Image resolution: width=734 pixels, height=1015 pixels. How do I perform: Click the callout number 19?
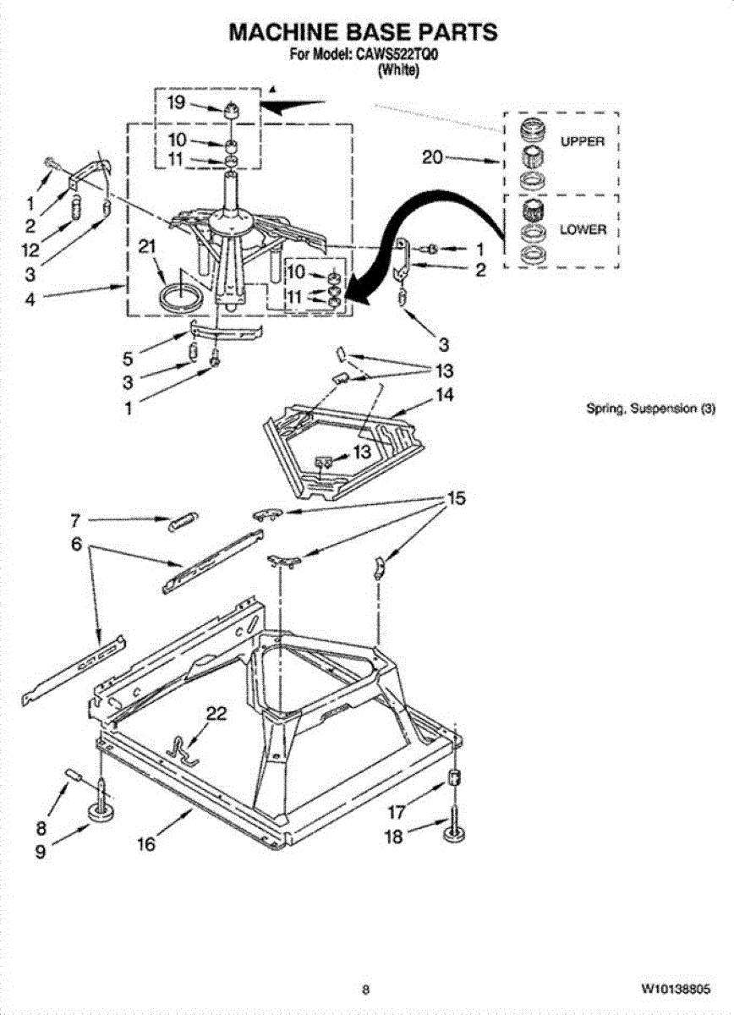[175, 103]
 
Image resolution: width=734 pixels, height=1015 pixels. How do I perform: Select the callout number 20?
[432, 157]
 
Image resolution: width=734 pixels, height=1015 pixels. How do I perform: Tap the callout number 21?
[147, 247]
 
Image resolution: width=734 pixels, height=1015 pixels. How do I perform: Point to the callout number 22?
[216, 715]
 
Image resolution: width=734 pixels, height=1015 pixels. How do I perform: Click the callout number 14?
[445, 395]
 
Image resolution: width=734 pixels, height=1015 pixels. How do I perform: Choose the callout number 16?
[146, 844]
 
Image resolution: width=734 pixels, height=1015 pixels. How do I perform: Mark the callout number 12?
[30, 250]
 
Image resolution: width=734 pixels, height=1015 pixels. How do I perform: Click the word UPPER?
[583, 141]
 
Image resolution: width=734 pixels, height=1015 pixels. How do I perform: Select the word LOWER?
[583, 229]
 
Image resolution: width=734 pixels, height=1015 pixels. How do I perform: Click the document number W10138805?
[676, 988]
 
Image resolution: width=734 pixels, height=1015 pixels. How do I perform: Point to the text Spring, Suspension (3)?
[651, 409]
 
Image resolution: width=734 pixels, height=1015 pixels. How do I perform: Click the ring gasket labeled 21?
[182, 296]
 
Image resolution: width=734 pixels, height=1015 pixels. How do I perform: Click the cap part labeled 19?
[231, 109]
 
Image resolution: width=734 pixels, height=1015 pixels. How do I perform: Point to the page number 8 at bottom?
[365, 988]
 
